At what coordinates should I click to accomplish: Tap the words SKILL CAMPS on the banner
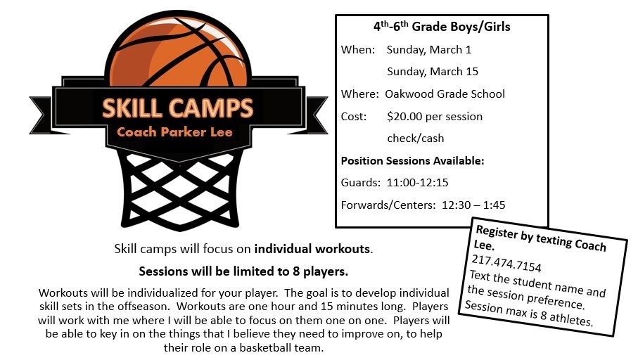pos(177,108)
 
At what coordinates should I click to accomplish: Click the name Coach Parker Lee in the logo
pos(174,131)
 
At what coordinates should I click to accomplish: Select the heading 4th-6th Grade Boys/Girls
pos(442,27)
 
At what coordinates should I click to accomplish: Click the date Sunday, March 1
pos(429,50)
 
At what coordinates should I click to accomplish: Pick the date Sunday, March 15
pos(433,72)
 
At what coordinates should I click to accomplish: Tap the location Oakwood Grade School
pos(445,94)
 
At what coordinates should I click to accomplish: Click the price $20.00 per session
pos(435,117)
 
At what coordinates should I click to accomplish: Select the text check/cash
pos(416,139)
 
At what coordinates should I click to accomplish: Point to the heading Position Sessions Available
pos(413,161)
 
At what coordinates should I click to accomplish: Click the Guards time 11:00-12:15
pos(417,183)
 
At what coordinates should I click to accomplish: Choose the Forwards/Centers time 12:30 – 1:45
pos(473,205)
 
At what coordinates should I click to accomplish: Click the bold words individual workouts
pos(312,249)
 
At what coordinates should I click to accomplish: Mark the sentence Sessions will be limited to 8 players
pos(243,271)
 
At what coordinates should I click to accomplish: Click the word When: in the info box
pos(358,50)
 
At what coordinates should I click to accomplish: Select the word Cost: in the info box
pos(354,117)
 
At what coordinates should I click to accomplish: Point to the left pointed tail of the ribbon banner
pos(41,115)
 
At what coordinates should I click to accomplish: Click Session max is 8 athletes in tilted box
pos(528,313)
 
